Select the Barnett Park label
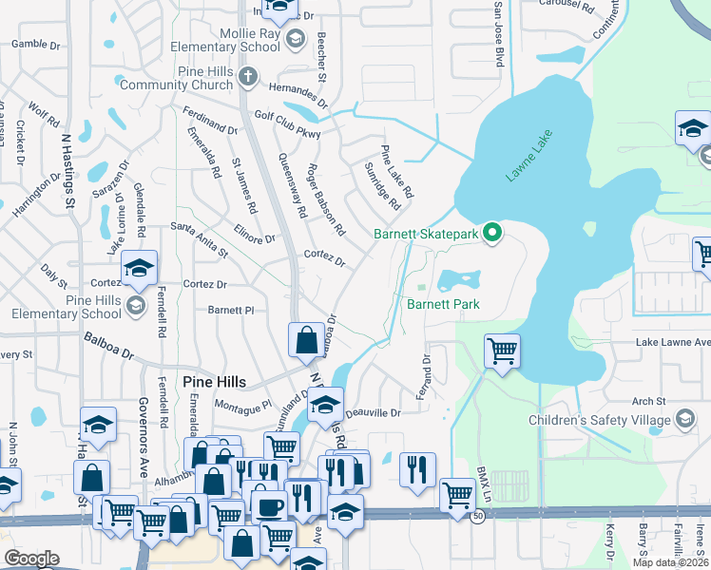pos(443,304)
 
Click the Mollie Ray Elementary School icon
pos(295,38)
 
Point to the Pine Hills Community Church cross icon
pos(247,74)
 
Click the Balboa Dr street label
pos(107,344)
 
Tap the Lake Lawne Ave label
pos(673,342)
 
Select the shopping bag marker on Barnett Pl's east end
pos(306,339)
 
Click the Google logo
pos(31,559)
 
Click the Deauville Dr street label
pos(374,413)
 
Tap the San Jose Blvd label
pos(497,33)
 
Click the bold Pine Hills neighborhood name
pos(214,382)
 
